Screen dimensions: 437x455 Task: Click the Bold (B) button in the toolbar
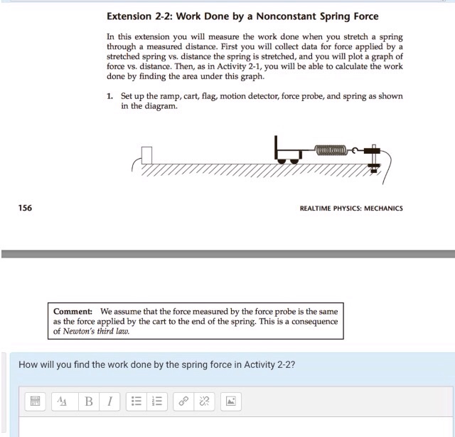click(x=89, y=402)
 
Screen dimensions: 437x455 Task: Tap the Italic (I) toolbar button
click(x=109, y=402)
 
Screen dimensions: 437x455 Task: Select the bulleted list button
click(x=135, y=402)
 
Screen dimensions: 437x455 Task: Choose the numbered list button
click(x=157, y=402)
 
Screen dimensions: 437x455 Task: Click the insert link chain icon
click(x=183, y=402)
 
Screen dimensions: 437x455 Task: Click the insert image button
click(x=231, y=402)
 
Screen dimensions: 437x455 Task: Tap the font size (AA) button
click(x=63, y=402)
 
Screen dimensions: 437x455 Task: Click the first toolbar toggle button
click(x=34, y=402)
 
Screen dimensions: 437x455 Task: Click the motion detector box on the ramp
click(x=147, y=154)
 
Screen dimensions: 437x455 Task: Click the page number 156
click(x=25, y=208)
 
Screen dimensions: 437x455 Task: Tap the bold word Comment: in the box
click(x=73, y=312)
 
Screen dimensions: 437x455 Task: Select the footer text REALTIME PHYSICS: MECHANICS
click(x=351, y=209)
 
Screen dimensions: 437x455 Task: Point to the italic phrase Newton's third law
click(x=99, y=331)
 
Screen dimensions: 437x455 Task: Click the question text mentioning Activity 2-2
click(x=156, y=364)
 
